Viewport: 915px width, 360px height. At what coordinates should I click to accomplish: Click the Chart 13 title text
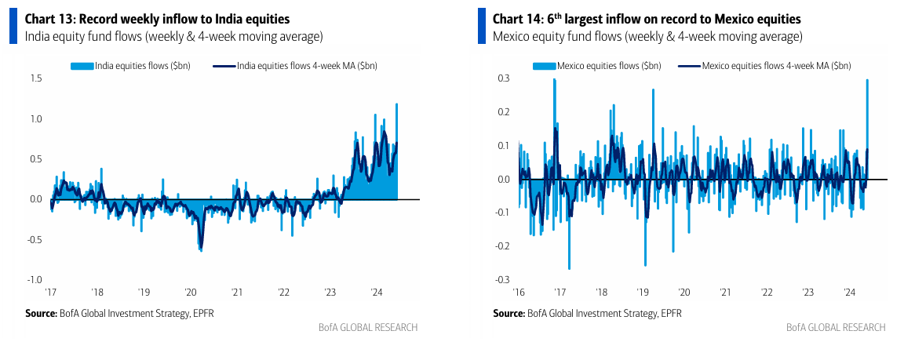coord(157,19)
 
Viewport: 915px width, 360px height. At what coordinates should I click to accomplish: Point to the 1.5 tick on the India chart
coord(35,78)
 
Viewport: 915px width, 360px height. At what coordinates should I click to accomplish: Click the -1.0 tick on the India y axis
coord(34,279)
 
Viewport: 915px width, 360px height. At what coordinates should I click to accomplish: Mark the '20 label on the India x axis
coord(191,292)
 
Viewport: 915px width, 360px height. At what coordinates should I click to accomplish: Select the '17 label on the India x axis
coord(51,292)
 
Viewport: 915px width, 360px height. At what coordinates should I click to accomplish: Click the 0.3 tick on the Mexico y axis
coord(503,78)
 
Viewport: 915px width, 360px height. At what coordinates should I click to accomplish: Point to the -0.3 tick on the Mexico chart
coord(501,279)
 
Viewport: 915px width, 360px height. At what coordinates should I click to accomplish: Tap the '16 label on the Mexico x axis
coord(519,292)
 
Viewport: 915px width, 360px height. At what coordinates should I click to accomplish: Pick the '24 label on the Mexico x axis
coord(849,292)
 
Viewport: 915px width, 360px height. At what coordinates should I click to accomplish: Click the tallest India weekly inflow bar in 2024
coord(396,106)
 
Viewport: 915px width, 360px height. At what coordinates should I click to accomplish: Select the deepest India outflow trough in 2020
coord(201,249)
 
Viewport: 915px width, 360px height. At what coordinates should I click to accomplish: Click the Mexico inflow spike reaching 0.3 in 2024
coord(867,82)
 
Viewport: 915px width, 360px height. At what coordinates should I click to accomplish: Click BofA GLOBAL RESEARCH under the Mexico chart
coord(835,327)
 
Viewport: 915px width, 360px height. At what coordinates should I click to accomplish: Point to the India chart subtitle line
coord(174,37)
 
